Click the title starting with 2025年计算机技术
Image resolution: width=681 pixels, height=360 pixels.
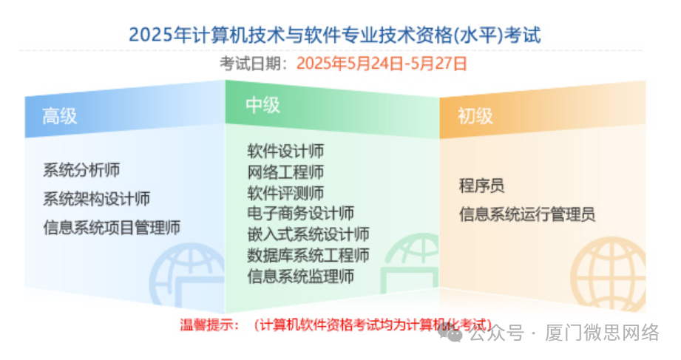(334, 35)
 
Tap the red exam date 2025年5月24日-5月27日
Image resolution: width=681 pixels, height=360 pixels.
(382, 64)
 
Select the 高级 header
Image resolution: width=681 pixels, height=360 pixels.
(60, 116)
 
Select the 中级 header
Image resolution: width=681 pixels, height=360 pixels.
(262, 106)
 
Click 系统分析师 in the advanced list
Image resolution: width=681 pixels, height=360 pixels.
(82, 171)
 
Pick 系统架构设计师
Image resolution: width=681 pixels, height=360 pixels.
(97, 199)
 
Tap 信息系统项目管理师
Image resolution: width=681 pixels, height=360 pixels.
(112, 227)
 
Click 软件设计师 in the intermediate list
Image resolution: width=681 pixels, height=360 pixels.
(285, 152)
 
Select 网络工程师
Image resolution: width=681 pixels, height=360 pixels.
(285, 173)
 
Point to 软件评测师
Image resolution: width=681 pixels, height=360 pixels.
(285, 194)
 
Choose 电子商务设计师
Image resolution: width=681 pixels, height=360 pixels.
(300, 214)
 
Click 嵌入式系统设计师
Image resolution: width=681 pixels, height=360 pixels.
(308, 235)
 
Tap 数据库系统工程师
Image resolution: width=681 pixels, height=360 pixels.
(308, 256)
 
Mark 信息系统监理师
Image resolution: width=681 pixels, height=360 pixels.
(300, 276)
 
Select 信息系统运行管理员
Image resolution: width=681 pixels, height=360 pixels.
(526, 214)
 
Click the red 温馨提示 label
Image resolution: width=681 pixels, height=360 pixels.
(210, 325)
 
